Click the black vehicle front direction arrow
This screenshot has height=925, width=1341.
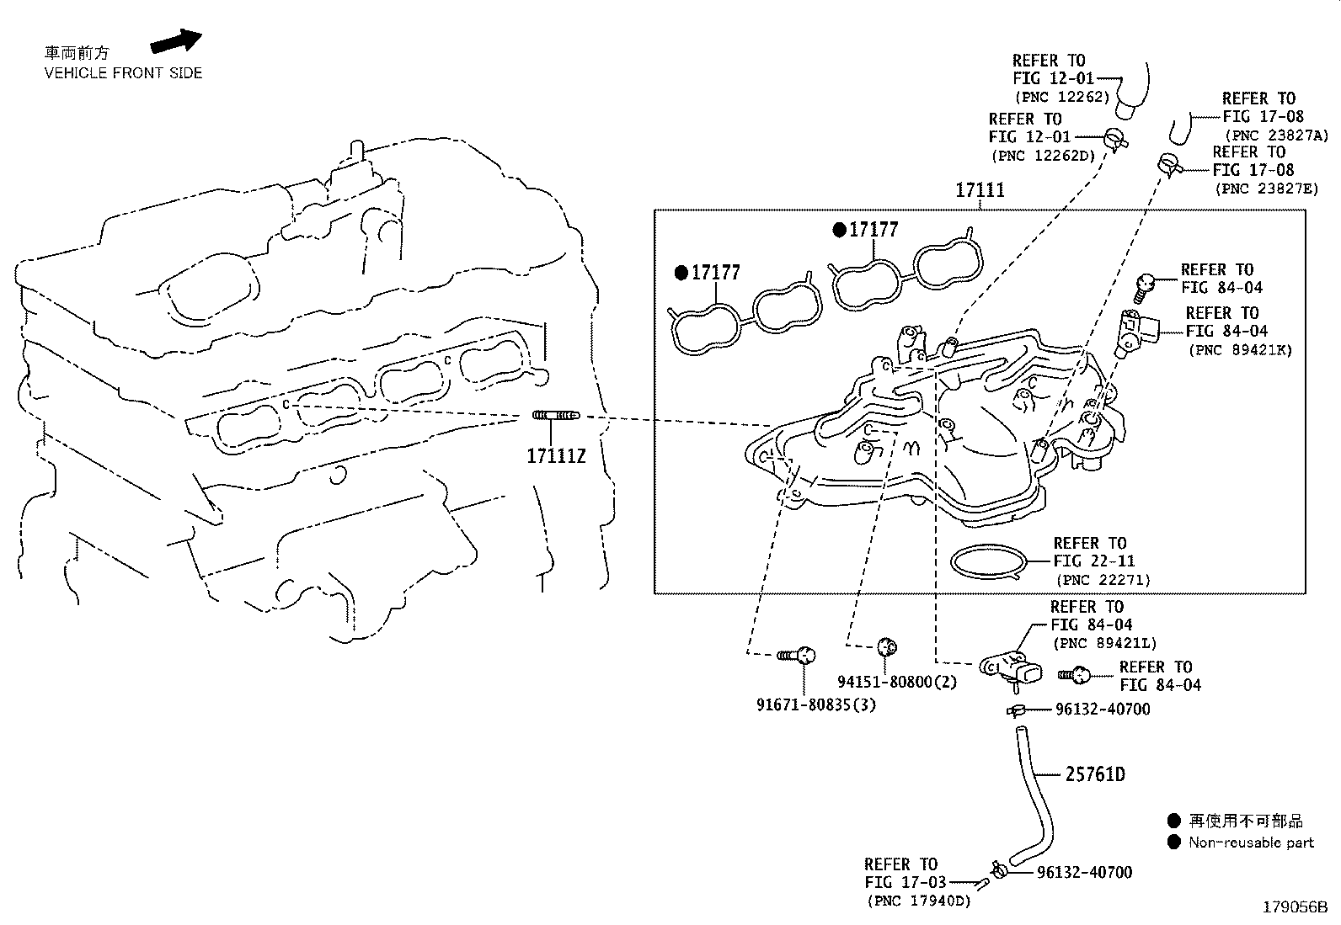176,41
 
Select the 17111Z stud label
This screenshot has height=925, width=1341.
555,456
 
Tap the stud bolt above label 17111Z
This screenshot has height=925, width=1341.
556,416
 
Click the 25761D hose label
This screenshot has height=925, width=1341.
1094,774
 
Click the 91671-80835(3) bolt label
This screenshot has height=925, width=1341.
815,704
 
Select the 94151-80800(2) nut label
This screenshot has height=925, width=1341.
897,682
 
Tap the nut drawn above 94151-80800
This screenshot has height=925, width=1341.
885,646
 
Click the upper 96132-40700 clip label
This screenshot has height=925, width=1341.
1102,710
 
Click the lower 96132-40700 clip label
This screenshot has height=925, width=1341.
1084,874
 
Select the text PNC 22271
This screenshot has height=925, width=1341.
1103,581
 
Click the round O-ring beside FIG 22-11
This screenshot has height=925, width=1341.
989,561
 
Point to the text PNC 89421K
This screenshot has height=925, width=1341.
1239,350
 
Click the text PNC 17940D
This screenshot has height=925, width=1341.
919,901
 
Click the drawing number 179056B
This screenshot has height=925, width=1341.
1294,908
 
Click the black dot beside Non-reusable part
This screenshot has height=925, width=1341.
1174,843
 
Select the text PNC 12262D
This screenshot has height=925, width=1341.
1043,156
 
